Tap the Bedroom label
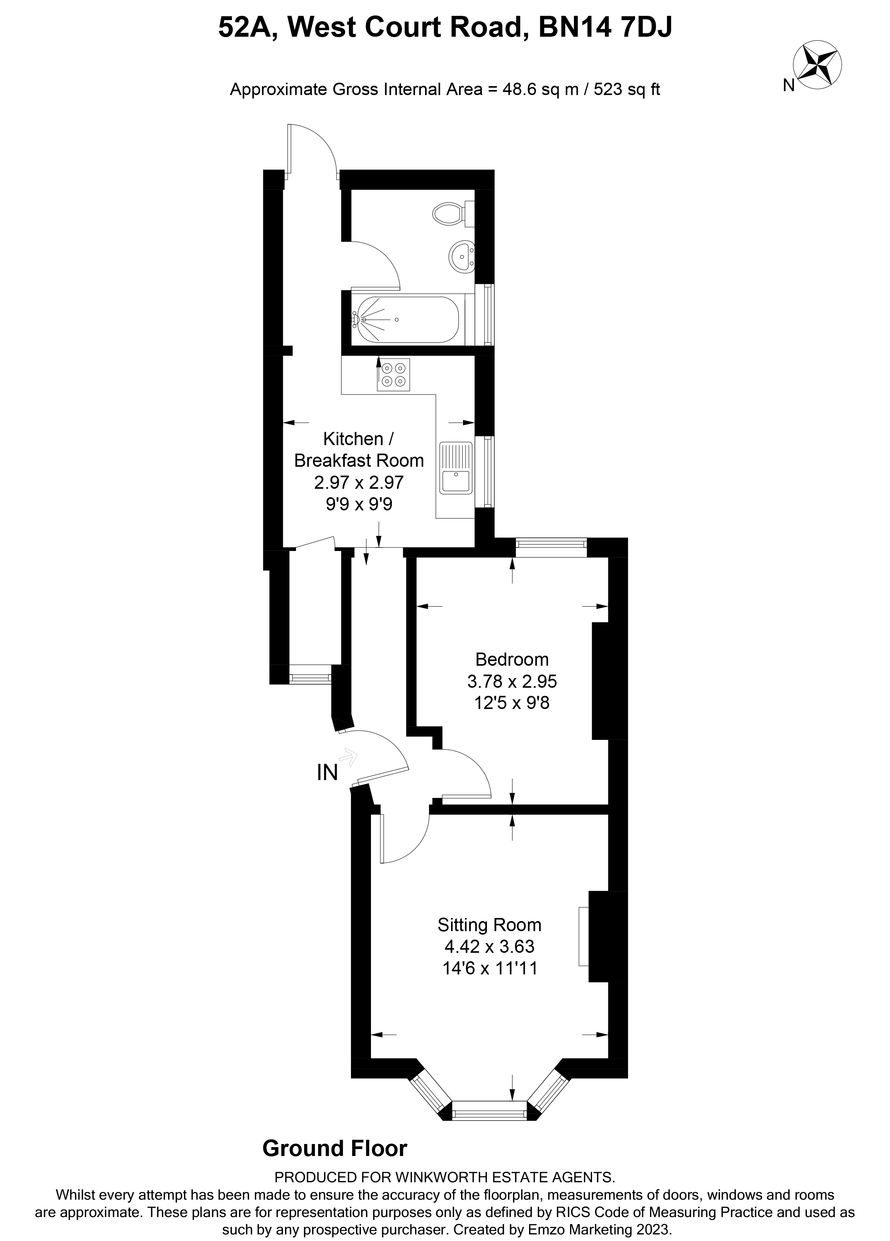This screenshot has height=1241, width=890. pos(512,660)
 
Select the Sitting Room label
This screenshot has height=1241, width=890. pos(489,925)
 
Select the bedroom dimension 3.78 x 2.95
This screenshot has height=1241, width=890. pos(512,681)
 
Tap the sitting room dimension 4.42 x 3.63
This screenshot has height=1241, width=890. pos(489,946)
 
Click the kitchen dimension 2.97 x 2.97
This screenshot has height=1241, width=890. pos(359,482)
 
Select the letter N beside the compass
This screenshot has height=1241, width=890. pos(788,85)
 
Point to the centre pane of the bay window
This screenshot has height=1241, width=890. pos(489,1112)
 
